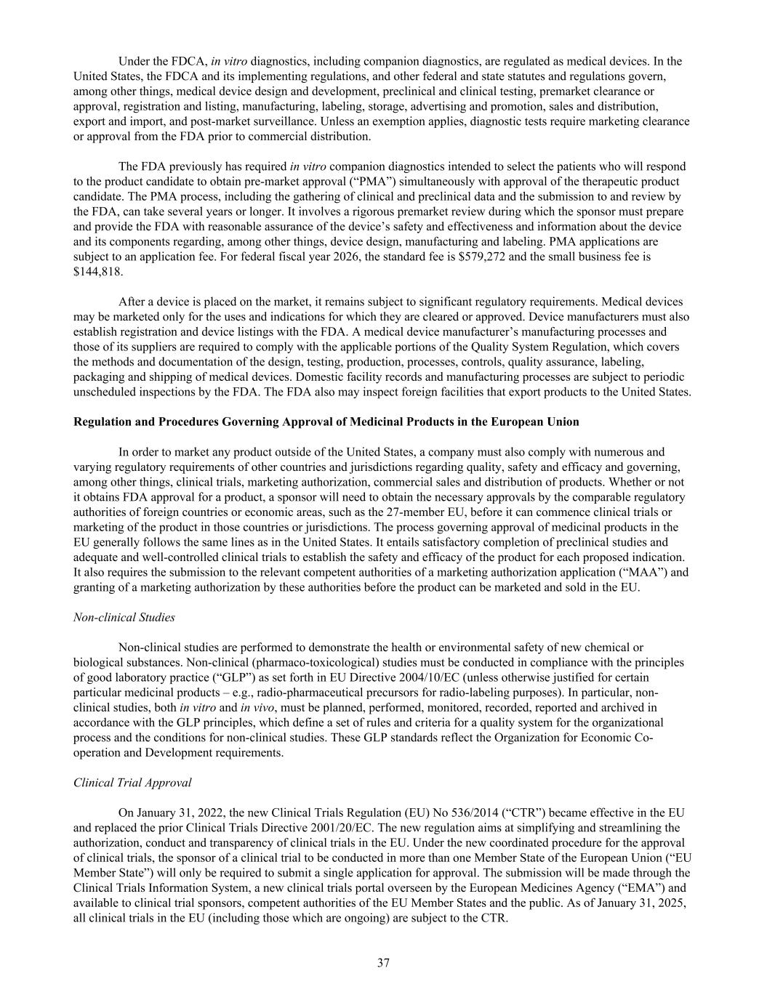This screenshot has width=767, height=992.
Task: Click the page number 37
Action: click(x=383, y=963)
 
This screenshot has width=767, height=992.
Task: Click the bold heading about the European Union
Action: click(x=326, y=422)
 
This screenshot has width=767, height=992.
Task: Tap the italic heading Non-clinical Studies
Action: click(x=124, y=618)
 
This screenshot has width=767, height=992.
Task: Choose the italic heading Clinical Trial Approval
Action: click(x=132, y=783)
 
